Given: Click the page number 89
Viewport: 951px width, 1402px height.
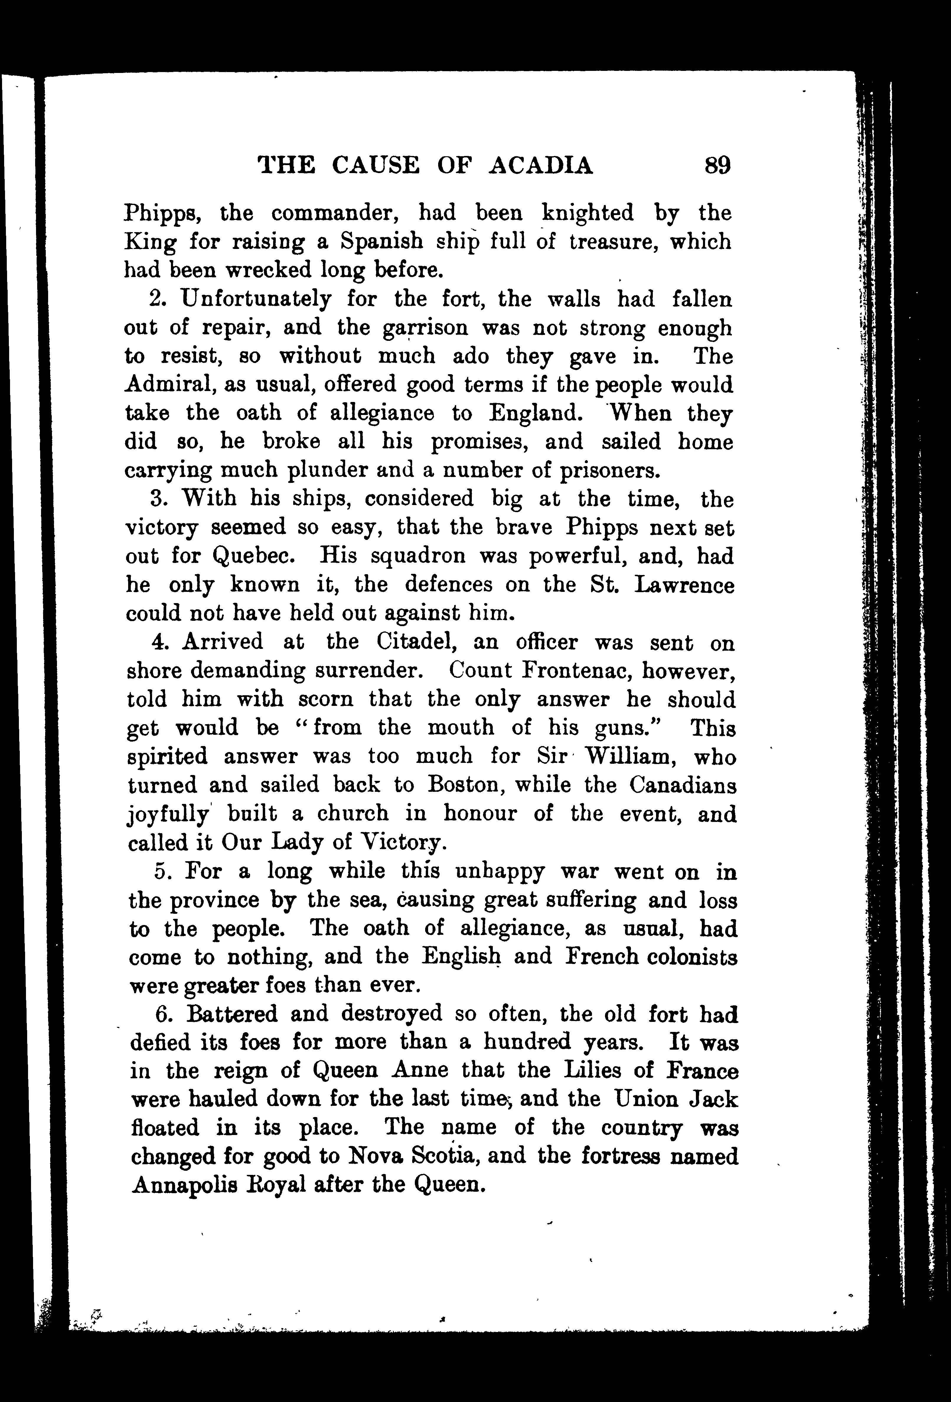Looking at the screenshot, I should pos(717,165).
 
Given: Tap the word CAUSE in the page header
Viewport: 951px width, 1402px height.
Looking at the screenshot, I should pos(375,165).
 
